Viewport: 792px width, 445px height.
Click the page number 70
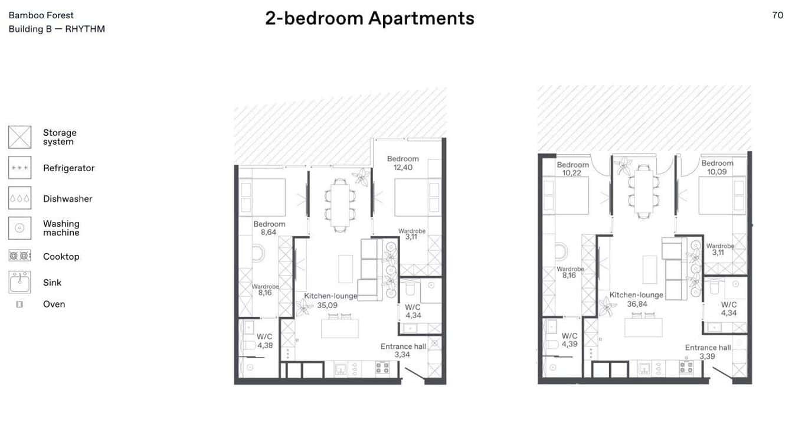pos(777,15)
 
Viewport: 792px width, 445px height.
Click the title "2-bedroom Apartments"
pos(369,18)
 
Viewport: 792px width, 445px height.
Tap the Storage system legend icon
pos(19,137)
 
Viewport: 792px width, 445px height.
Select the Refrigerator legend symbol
pos(19,168)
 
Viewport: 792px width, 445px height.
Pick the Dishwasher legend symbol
pos(19,198)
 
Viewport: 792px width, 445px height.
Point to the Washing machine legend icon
pos(19,228)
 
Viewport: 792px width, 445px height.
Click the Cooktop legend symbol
pos(19,256)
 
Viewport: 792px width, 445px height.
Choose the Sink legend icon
pos(19,282)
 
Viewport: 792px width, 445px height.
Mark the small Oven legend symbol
pos(19,305)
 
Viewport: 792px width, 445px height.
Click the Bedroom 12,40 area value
pos(403,168)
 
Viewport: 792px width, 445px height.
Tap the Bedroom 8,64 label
pos(269,228)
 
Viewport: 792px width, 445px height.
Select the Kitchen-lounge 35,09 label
pos(330,300)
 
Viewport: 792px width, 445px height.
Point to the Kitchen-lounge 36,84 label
pos(636,299)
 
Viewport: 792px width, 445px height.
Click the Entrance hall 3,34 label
pos(403,351)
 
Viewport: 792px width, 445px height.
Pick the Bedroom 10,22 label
pos(572,169)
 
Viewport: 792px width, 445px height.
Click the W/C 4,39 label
pos(570,340)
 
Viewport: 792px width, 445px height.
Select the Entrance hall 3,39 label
pos(708,352)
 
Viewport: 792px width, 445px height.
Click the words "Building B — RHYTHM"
pos(57,29)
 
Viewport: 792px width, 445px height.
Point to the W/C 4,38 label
pos(265,341)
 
